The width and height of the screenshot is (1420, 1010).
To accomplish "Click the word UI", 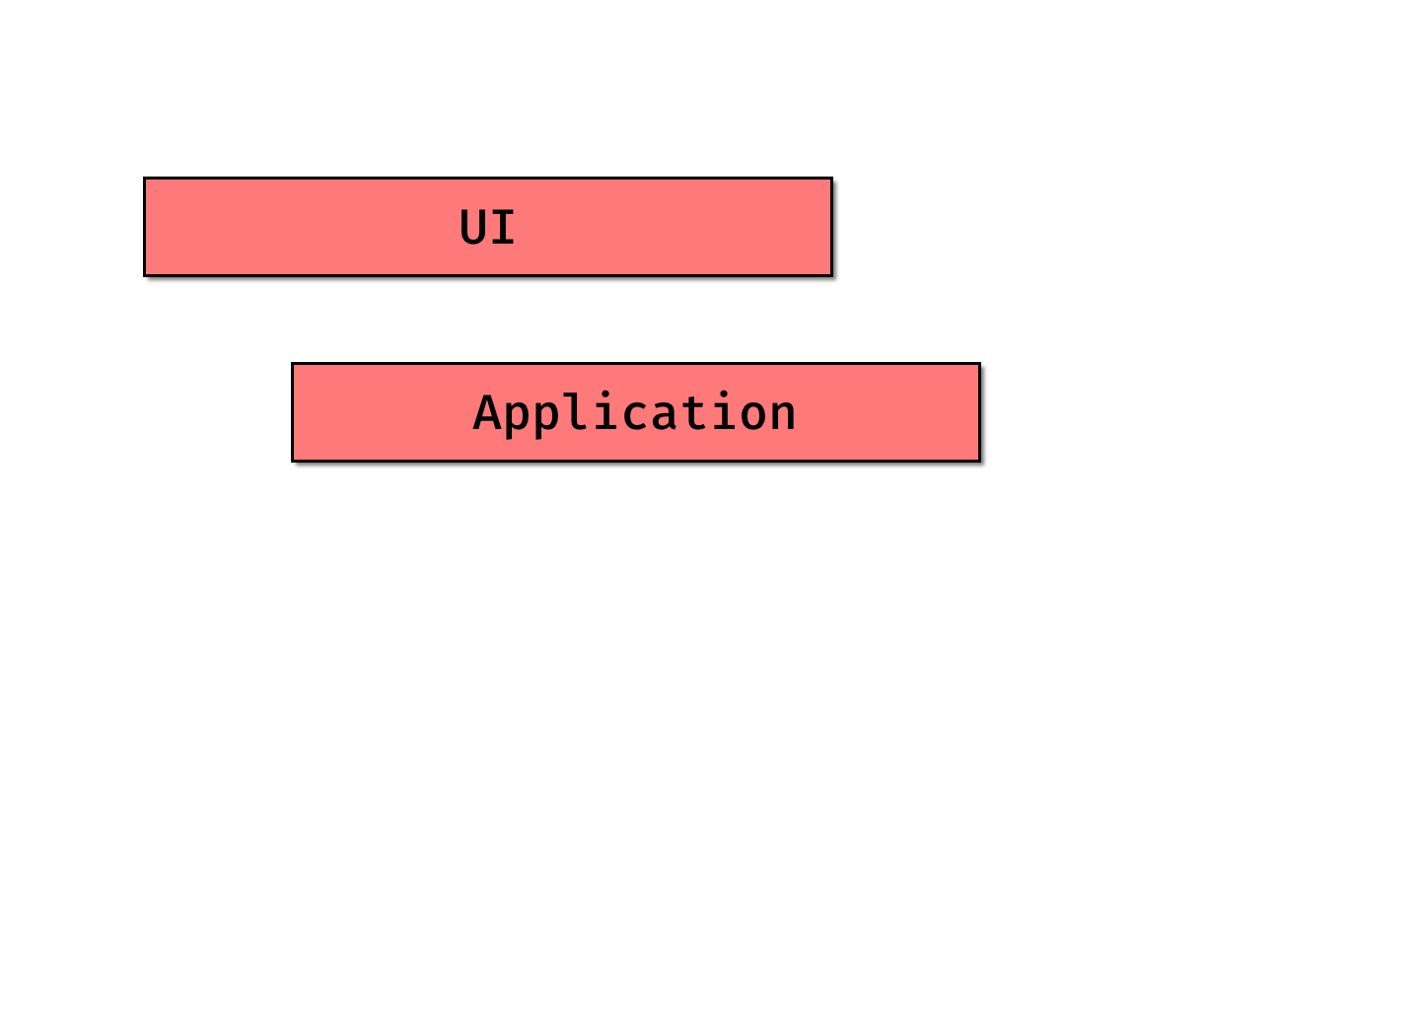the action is pos(487,228).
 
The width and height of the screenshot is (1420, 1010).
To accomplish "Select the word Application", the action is pos(635,413).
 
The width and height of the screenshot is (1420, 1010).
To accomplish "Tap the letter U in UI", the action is pos(473,228).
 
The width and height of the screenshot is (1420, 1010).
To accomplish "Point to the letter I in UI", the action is pos(503,228).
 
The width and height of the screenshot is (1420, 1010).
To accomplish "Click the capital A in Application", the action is pos(487,413).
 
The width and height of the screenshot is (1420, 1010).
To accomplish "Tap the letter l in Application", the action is pos(576,412).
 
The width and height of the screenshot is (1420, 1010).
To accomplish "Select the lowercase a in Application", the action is pos(666,415).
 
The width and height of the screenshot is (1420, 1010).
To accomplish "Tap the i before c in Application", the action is pos(606,411).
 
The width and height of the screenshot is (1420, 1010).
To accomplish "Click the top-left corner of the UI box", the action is pos(146,180).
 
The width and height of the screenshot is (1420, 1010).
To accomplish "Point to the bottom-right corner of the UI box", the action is pos(829,273).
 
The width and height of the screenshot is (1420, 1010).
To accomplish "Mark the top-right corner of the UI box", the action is pos(829,180).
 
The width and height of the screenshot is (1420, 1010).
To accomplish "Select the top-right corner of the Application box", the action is pos(977,365).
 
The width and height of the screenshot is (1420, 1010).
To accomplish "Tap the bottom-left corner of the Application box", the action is pos(294,459).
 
